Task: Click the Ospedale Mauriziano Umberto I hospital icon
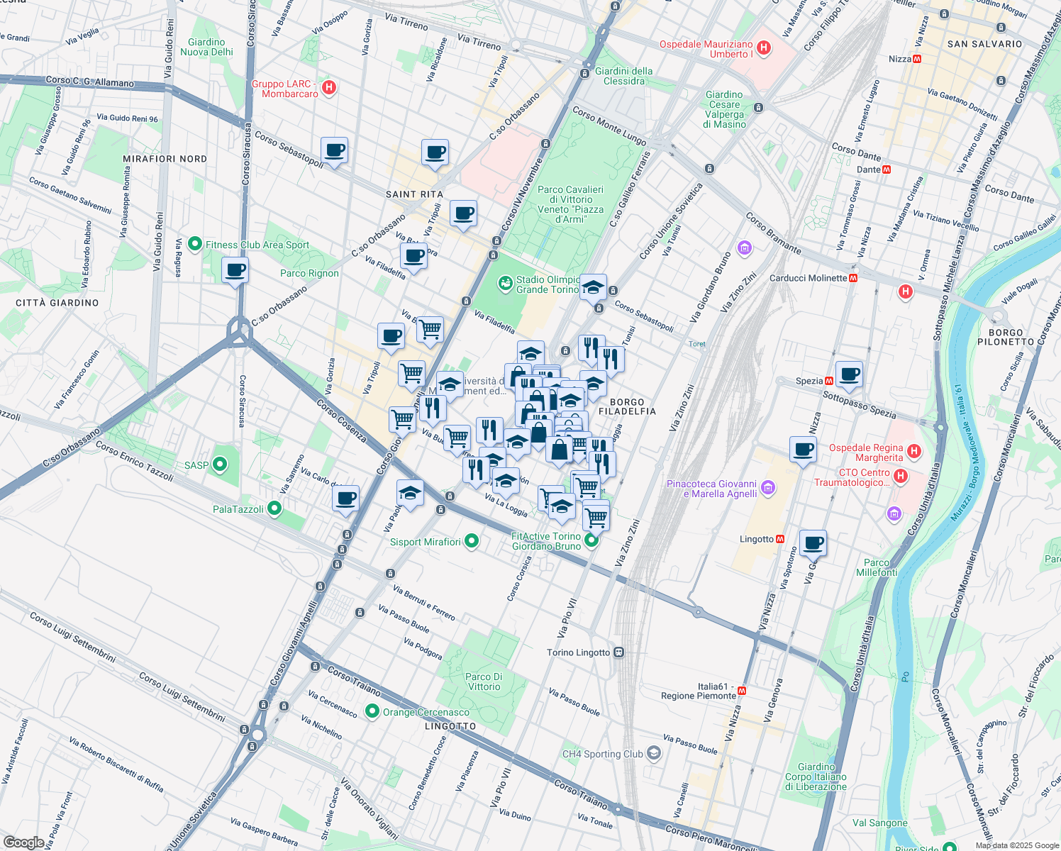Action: pyautogui.click(x=764, y=48)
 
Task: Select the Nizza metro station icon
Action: pyautogui.click(x=916, y=59)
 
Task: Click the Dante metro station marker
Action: pyautogui.click(x=887, y=169)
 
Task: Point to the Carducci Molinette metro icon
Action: pyautogui.click(x=853, y=278)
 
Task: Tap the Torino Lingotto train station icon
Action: pyautogui.click(x=618, y=652)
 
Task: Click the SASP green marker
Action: pyautogui.click(x=220, y=465)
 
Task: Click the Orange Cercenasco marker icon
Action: pyautogui.click(x=372, y=711)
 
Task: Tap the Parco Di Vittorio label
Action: pyautogui.click(x=484, y=682)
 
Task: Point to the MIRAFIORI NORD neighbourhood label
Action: pyautogui.click(x=165, y=159)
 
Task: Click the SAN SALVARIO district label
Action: pyautogui.click(x=984, y=44)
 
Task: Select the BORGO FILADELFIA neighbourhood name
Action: pyautogui.click(x=627, y=406)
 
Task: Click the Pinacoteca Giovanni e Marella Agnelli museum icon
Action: pyautogui.click(x=768, y=488)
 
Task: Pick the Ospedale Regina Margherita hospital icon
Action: pyautogui.click(x=914, y=451)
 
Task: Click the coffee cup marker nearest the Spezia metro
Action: pyautogui.click(x=849, y=374)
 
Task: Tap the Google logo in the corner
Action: pyautogui.click(x=23, y=842)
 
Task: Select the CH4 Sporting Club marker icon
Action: pyautogui.click(x=653, y=754)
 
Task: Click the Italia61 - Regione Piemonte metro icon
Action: pyautogui.click(x=742, y=690)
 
